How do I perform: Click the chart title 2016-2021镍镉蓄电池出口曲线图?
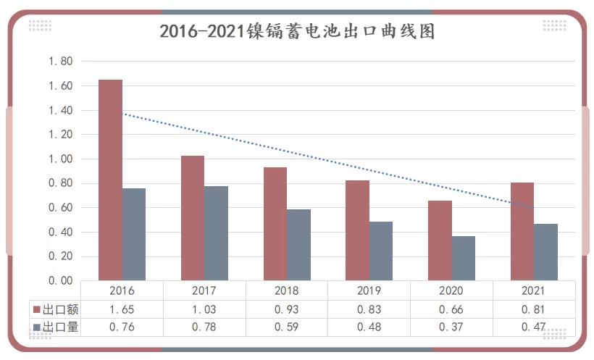point(297,32)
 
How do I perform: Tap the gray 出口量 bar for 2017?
point(217,233)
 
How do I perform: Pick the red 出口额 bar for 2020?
point(440,240)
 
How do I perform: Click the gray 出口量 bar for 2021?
point(545,252)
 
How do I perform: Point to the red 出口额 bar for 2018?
point(275,224)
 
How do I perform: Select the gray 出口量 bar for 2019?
point(381,251)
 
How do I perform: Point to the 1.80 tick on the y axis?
point(61,62)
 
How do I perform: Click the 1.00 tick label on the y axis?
point(61,159)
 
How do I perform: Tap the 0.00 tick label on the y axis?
point(61,280)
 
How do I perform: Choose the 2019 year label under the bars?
point(369,291)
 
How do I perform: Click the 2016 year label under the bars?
point(122,291)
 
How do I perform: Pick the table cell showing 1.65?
point(122,309)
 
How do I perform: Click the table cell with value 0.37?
point(451,327)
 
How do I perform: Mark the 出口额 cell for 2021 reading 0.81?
point(534,309)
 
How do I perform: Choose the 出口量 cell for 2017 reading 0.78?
point(204,327)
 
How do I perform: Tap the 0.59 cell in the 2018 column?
point(287,327)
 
